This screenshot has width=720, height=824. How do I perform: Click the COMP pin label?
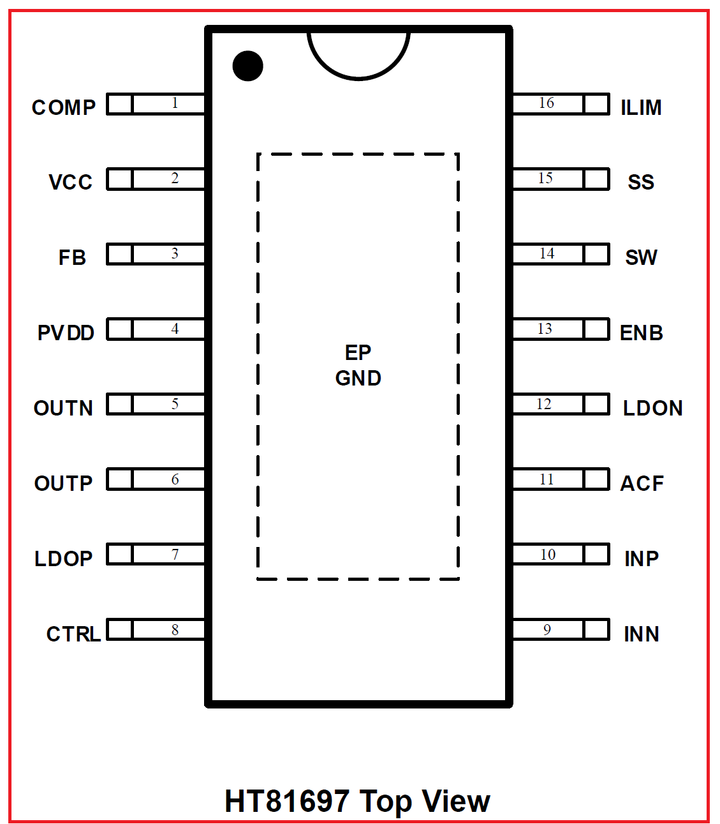coord(64,107)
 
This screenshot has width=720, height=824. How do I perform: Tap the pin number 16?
coord(547,103)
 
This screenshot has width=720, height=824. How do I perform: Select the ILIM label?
coord(641,107)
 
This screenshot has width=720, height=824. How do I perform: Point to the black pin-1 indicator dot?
coord(248,66)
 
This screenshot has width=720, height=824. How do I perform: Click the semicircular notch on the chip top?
coord(358,78)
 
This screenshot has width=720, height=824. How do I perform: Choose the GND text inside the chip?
coord(358,378)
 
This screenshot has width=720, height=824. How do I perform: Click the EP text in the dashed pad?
coord(358,353)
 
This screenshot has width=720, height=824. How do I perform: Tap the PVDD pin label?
coord(66,333)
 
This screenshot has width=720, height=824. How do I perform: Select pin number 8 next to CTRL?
coord(175,629)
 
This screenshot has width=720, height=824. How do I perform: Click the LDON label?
coord(653,408)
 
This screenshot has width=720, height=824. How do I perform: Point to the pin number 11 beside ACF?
coord(547,479)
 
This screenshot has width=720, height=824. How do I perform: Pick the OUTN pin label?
coord(63,408)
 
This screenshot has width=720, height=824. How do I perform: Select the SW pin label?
coord(641,258)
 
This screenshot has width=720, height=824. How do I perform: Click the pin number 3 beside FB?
coord(175,253)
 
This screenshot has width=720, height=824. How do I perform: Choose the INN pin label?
coord(641,634)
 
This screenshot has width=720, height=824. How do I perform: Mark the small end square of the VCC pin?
coord(120,179)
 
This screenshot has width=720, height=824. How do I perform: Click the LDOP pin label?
coord(64,559)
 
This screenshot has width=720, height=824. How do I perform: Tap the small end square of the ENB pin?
coord(596,329)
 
